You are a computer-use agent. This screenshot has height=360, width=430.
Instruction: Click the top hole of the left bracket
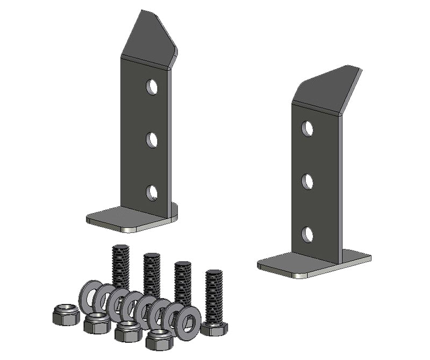[x=152, y=86]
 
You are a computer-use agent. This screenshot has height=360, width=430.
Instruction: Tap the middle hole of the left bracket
[x=152, y=140]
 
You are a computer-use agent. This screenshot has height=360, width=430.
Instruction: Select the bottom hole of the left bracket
[x=152, y=192]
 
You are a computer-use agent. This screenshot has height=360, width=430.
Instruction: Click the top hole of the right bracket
[x=307, y=128]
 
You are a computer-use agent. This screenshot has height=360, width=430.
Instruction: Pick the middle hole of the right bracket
[x=307, y=182]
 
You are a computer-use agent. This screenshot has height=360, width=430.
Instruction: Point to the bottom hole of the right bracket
[x=307, y=234]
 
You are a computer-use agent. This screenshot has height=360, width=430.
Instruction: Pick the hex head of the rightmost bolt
[x=214, y=328]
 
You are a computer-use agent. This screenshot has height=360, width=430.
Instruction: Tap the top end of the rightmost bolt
[x=214, y=273]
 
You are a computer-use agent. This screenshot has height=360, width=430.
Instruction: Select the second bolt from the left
[x=152, y=271]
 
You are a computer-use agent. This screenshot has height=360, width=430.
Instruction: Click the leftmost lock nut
[x=66, y=314]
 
